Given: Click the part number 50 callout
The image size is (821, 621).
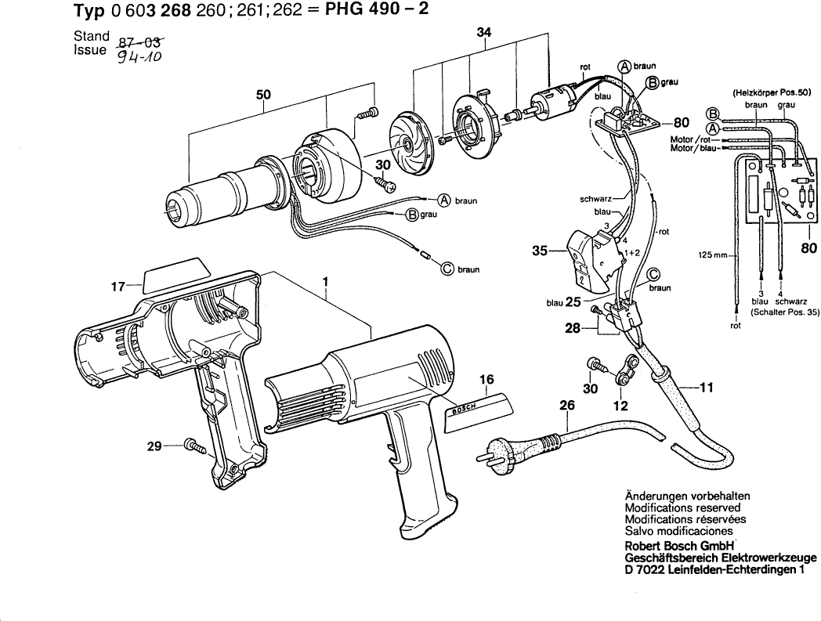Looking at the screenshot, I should click(263, 95).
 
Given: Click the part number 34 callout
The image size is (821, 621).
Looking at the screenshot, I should click(483, 32).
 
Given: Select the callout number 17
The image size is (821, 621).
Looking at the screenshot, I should click(118, 287).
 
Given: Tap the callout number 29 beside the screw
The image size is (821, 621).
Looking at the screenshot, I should click(154, 446).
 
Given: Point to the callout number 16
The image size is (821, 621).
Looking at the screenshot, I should click(486, 380).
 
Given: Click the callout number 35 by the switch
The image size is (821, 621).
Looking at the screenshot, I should click(539, 251).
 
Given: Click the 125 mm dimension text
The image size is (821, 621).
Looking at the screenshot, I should click(713, 255).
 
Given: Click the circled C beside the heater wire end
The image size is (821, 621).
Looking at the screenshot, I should click(447, 269).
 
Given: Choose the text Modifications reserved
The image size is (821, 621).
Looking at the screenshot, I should click(682, 507).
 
